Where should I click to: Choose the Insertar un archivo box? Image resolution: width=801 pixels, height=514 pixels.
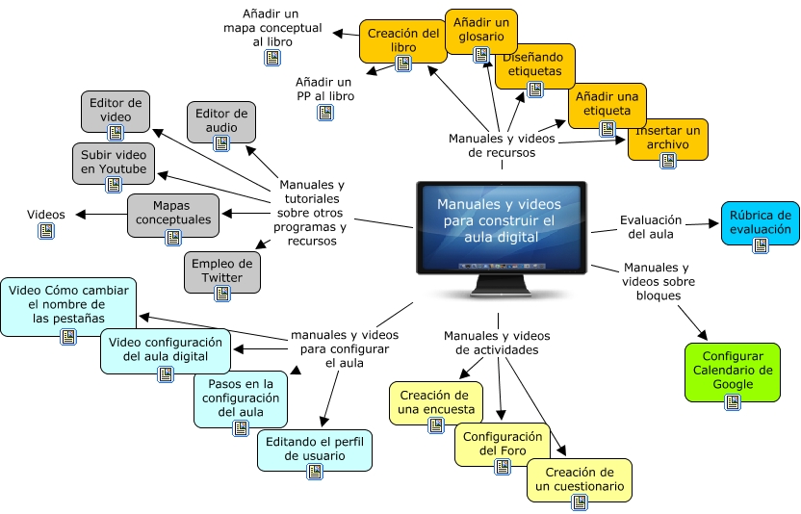[667, 141]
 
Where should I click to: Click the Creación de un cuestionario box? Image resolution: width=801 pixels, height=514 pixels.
[579, 479]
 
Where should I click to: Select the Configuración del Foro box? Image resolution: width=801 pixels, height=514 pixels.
[502, 445]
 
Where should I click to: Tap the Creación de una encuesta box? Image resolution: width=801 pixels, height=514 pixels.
[434, 401]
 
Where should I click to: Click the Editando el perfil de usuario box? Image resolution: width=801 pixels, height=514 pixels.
[314, 450]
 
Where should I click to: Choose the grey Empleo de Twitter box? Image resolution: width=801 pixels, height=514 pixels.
[221, 270]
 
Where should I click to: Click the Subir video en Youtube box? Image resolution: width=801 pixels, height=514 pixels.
[114, 164]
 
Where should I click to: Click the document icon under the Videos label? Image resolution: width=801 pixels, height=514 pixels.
[45, 232]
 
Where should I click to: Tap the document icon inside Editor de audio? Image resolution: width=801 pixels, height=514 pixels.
[221, 142]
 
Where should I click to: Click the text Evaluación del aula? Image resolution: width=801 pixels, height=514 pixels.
[651, 226]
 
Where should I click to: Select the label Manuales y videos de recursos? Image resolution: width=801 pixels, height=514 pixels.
[501, 145]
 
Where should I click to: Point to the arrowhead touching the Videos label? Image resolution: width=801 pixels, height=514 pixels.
[80, 215]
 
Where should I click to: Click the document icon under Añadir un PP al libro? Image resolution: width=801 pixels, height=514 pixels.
[325, 113]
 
